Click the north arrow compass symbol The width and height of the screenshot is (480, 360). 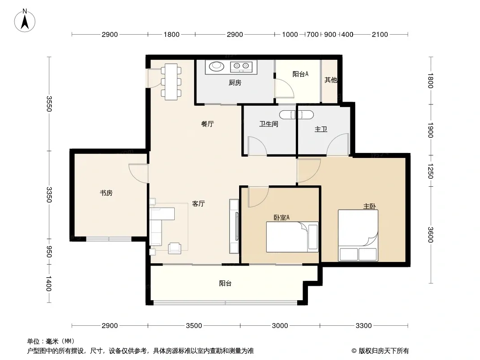point(25,21)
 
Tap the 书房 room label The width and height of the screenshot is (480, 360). point(106,193)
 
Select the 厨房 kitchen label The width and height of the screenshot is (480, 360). point(235,83)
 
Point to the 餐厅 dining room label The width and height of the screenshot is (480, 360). point(207,124)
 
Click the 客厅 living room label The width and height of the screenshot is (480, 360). point(199,204)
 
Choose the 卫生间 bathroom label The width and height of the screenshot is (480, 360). point(268,124)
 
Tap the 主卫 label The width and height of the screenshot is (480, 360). point(321,130)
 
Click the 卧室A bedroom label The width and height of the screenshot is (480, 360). point(281,217)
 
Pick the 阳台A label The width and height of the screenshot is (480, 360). point(300,74)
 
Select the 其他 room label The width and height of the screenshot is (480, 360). point(331,80)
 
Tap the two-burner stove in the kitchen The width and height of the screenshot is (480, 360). point(241,66)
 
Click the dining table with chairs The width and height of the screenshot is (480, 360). point(171,81)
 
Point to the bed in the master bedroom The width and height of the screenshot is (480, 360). point(358,235)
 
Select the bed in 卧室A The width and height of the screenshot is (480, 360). point(292,237)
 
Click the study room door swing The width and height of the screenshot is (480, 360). point(139,174)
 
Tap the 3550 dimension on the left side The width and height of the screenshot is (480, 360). point(49,103)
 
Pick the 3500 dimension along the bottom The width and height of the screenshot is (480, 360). point(194,325)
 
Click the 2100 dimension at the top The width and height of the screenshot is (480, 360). point(380,35)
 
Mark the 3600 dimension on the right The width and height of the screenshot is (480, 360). point(430,234)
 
